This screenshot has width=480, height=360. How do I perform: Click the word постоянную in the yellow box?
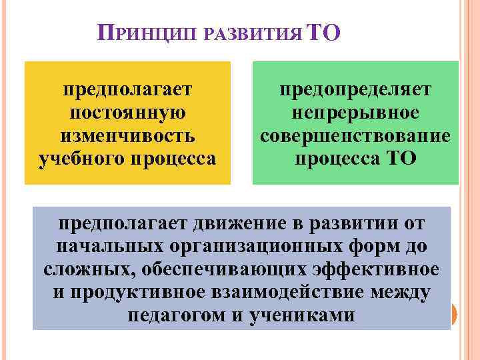click(127, 112)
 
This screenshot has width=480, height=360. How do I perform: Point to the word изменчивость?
click(127, 135)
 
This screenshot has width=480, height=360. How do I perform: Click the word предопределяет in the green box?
click(355, 89)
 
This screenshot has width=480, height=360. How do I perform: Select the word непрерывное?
click(355, 112)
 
